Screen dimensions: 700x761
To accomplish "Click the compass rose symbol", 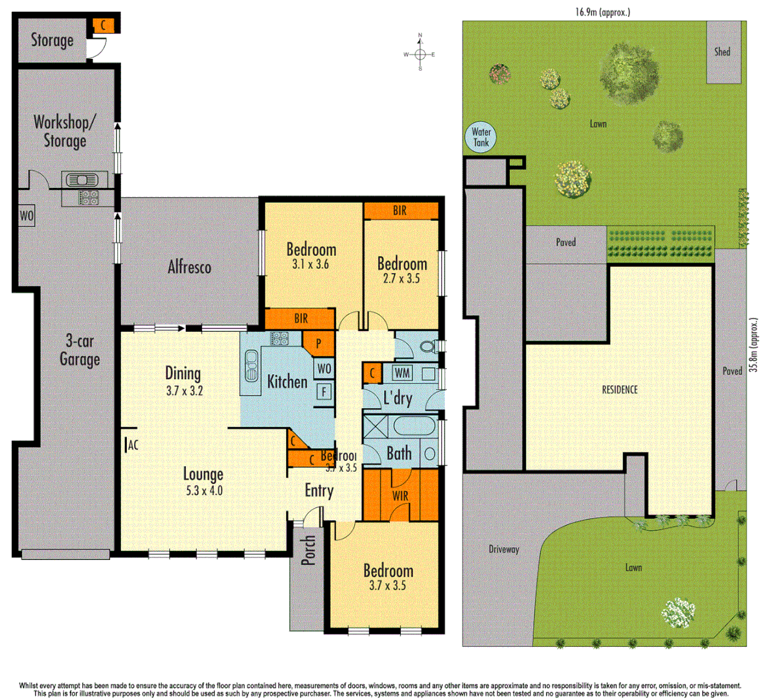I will click(x=420, y=54).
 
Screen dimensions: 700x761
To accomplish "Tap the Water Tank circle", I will click(x=481, y=137).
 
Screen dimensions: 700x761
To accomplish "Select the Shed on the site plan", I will click(x=723, y=52).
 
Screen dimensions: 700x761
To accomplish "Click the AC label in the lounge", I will click(x=132, y=445).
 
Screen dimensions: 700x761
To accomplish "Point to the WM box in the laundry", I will click(x=402, y=373).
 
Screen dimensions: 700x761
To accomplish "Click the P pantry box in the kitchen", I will click(x=319, y=344).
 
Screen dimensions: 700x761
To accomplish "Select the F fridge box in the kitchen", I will click(x=323, y=391).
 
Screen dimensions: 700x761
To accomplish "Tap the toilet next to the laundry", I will click(x=428, y=347).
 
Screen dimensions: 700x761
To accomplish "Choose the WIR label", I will click(x=400, y=496).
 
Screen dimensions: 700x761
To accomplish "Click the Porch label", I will click(x=309, y=550).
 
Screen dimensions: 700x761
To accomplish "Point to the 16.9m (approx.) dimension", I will click(x=602, y=12).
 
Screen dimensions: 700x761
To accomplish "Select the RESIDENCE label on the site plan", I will click(x=620, y=390).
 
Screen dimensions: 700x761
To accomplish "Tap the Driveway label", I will click(x=503, y=550).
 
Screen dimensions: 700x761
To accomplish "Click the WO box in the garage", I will click(x=27, y=216).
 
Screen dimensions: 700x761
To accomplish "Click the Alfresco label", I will click(x=189, y=266).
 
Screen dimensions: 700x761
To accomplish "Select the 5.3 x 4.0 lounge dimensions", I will click(x=203, y=491).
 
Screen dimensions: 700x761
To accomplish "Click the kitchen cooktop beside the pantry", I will click(x=279, y=338).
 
